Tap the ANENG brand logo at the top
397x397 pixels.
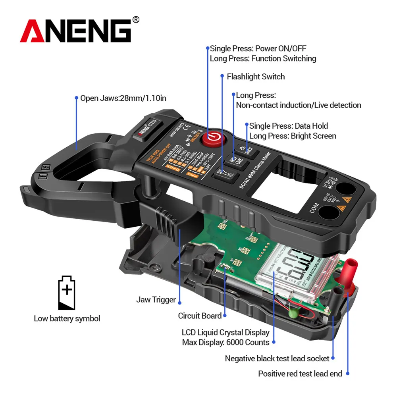tap(75, 31)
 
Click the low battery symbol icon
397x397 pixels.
tap(67, 293)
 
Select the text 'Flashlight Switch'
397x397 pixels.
tap(256, 77)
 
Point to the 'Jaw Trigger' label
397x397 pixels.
tap(156, 300)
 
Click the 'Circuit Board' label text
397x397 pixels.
tap(200, 316)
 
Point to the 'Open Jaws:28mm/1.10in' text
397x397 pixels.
tap(123, 98)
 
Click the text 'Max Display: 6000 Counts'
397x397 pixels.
tap(225, 342)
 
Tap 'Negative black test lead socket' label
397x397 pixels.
tap(277, 358)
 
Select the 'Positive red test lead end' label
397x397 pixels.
tap(300, 374)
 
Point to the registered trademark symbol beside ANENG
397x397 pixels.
tap(136, 19)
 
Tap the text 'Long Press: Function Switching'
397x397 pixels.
tap(263, 58)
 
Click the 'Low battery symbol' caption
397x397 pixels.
tap(67, 318)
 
